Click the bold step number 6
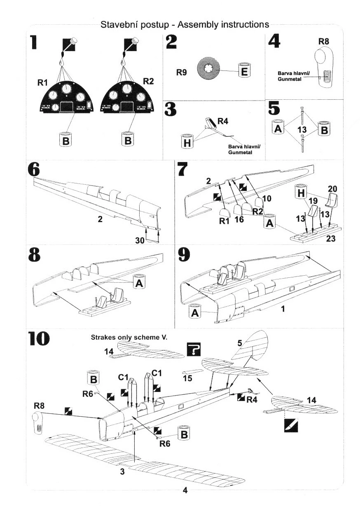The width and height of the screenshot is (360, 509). click(x=34, y=170)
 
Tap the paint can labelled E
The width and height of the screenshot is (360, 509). click(x=244, y=70)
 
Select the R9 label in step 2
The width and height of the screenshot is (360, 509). click(x=182, y=72)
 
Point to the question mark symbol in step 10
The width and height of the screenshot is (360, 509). click(x=194, y=349)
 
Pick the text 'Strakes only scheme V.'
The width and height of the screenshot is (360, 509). click(x=129, y=337)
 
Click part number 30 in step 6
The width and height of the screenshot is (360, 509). click(x=140, y=240)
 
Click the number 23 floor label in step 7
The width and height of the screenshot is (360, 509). click(x=330, y=239)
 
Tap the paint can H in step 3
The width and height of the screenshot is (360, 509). click(x=187, y=141)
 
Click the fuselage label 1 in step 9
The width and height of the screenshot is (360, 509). click(x=283, y=309)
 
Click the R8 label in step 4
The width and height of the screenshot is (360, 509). click(x=324, y=42)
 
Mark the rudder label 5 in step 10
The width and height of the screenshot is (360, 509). click(x=240, y=343)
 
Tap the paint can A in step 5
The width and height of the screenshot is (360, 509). click(x=278, y=127)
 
